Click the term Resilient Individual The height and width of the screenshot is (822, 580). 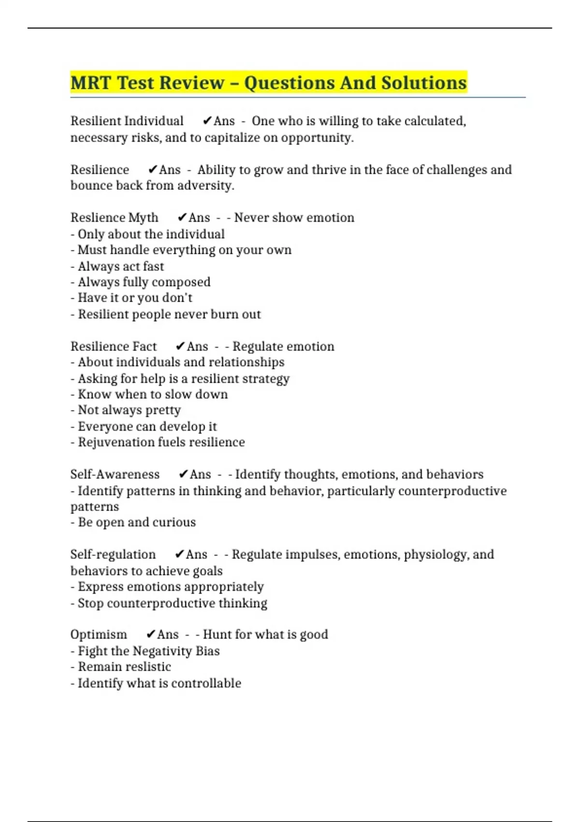click(127, 121)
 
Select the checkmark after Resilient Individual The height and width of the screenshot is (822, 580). click(207, 121)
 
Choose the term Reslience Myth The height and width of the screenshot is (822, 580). click(114, 218)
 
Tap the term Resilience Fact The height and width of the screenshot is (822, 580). click(113, 347)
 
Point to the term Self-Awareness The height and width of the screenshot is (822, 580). click(115, 474)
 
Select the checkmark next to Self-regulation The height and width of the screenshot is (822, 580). click(180, 555)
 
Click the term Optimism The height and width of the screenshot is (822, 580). click(99, 634)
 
